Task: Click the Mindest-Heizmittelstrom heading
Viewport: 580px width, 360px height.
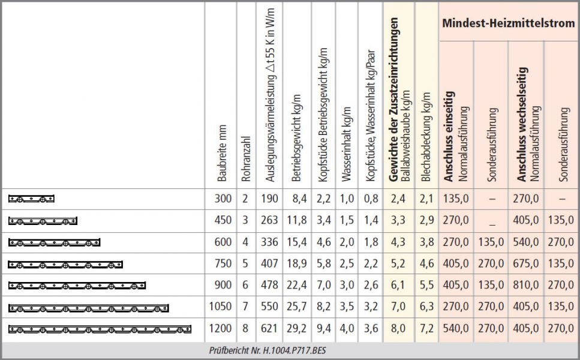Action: tap(508, 23)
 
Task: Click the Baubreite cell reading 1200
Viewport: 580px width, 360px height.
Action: tap(220, 328)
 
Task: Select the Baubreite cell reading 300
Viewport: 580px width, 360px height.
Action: tap(223, 199)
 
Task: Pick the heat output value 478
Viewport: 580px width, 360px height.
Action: tap(269, 285)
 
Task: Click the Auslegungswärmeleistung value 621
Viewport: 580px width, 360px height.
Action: tap(269, 328)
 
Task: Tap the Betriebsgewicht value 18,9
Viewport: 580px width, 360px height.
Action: tap(296, 263)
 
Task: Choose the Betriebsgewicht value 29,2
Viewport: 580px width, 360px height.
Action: tap(296, 328)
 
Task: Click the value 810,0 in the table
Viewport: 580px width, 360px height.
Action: tap(525, 285)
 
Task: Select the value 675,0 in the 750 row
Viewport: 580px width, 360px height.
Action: tap(525, 263)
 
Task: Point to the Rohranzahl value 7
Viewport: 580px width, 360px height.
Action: tap(245, 307)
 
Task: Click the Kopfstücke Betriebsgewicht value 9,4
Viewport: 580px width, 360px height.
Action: tap(323, 328)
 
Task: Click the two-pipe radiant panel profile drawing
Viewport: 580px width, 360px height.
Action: tap(32, 199)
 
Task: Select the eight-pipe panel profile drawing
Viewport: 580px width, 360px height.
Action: tap(100, 328)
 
